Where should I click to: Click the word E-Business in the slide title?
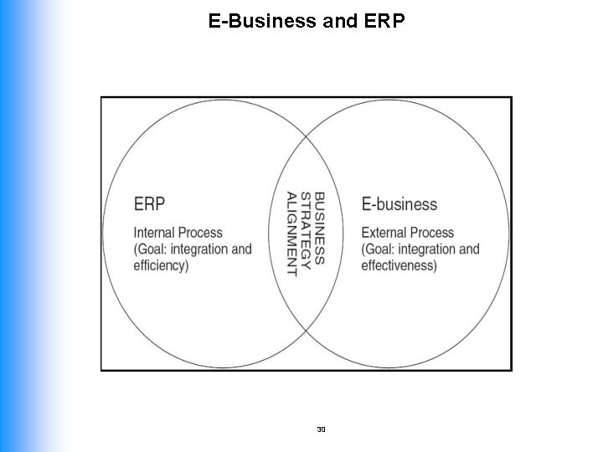(259, 19)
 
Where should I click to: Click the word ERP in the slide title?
(385, 19)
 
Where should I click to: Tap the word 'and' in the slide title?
(339, 19)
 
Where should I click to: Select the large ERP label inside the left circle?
(149, 203)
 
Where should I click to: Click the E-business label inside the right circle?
(399, 203)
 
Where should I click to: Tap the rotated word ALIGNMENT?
(291, 234)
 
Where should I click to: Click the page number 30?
(322, 429)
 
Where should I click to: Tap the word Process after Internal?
(202, 232)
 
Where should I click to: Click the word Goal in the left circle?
(152, 249)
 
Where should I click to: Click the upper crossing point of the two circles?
(306, 134)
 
